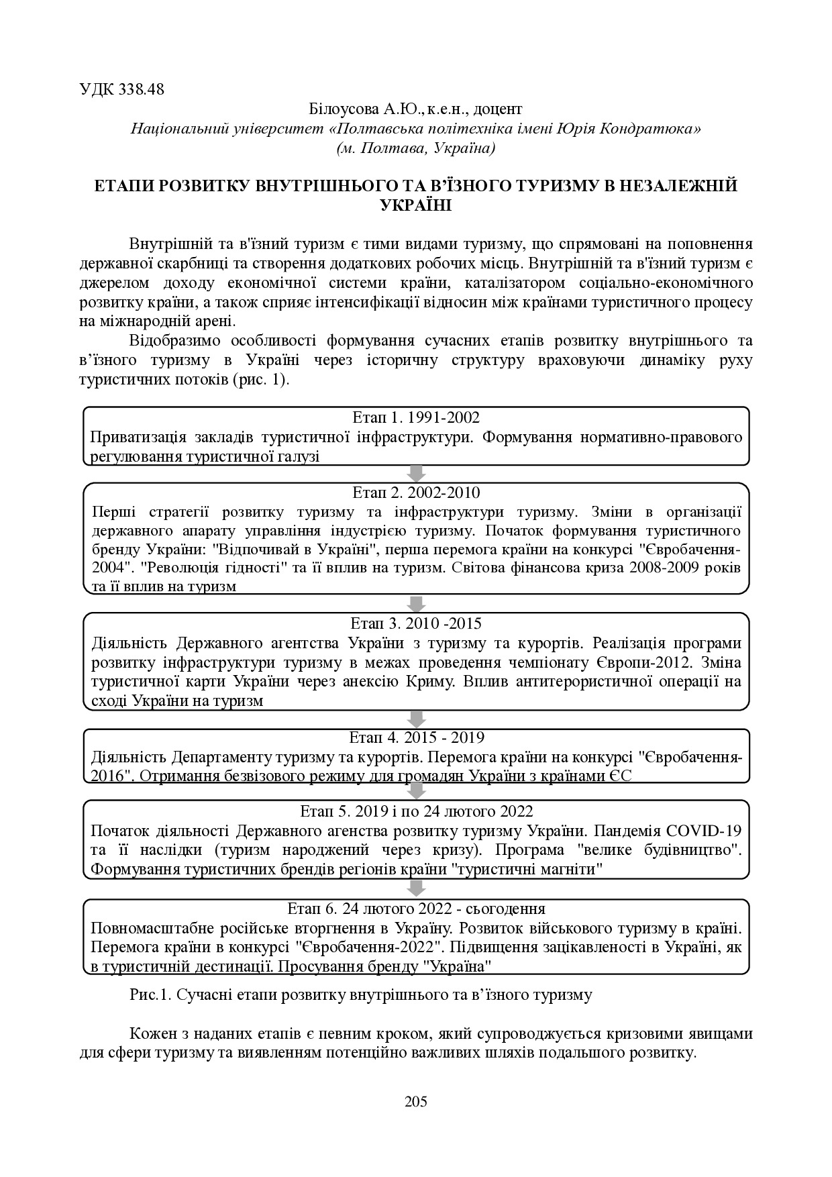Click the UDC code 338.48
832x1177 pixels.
click(x=141, y=89)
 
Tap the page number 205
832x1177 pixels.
click(x=416, y=1101)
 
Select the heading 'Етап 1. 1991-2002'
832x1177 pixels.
click(x=416, y=417)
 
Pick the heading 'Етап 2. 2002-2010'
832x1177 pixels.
click(x=416, y=493)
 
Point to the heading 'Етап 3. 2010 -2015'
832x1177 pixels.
click(x=416, y=623)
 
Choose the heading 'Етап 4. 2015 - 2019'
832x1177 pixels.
click(x=417, y=738)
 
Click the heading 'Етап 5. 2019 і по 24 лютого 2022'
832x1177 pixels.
click(x=416, y=811)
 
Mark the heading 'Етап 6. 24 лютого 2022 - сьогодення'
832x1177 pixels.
click(x=416, y=909)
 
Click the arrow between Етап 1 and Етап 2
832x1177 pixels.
click(x=416, y=472)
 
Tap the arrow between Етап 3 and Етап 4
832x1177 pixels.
click(x=416, y=718)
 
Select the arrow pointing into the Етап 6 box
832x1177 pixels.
click(x=416, y=887)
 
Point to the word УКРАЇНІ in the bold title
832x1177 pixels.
click(x=416, y=205)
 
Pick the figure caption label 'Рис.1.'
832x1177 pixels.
click(x=151, y=994)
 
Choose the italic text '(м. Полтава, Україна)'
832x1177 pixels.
click(x=416, y=148)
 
